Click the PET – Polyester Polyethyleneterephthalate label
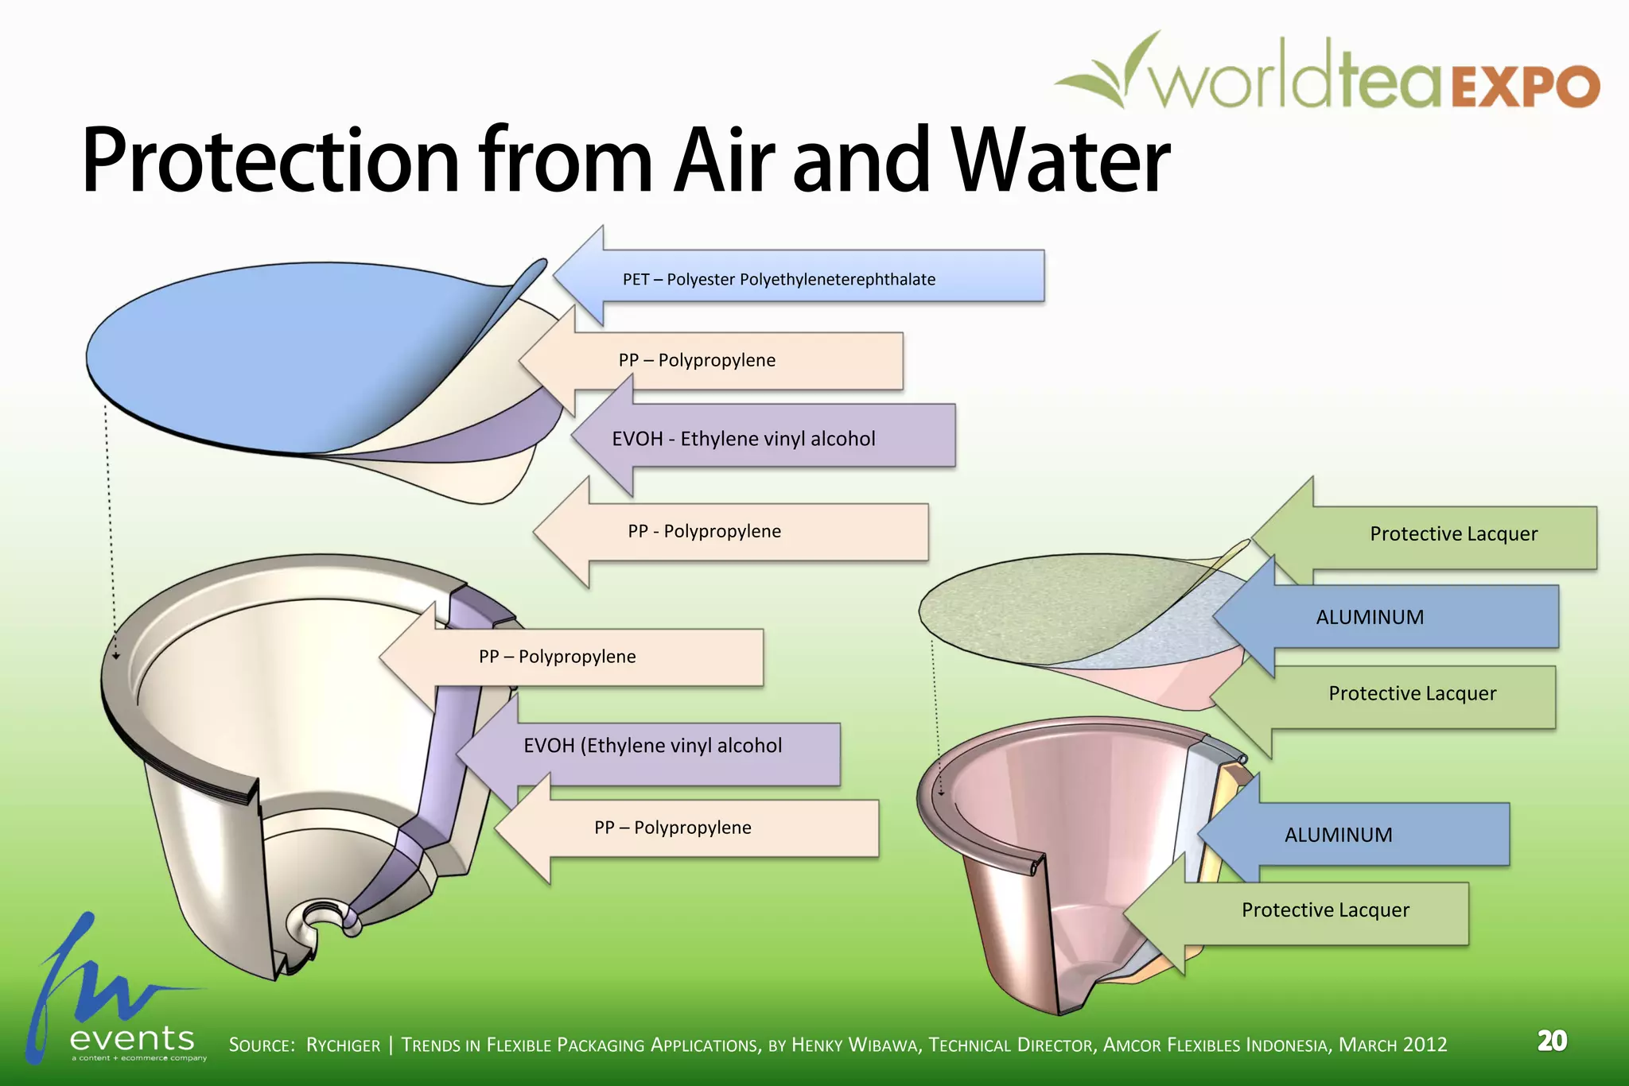click(779, 279)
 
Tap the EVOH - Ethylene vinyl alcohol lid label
click(743, 439)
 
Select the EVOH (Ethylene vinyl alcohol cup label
click(652, 746)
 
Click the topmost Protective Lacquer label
click(1453, 534)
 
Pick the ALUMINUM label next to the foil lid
click(1370, 617)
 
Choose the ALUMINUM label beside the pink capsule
click(1338, 835)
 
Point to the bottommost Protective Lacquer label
click(1325, 910)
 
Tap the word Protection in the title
click(270, 163)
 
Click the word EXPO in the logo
click(1526, 86)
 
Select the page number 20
click(1552, 1041)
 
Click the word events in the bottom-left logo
click(132, 1038)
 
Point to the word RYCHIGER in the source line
click(343, 1045)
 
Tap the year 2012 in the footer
click(1425, 1044)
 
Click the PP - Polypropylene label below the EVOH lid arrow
click(704, 532)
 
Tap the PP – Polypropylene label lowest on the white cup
click(672, 828)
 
